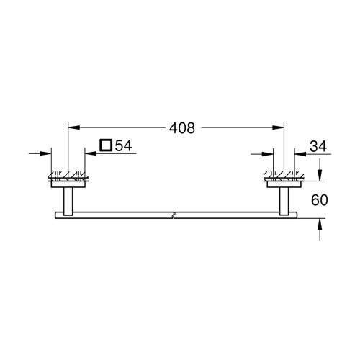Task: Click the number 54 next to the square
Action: point(123,146)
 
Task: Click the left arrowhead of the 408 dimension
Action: point(71,127)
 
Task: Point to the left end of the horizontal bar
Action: point(54,215)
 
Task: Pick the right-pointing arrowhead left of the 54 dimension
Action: point(48,153)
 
